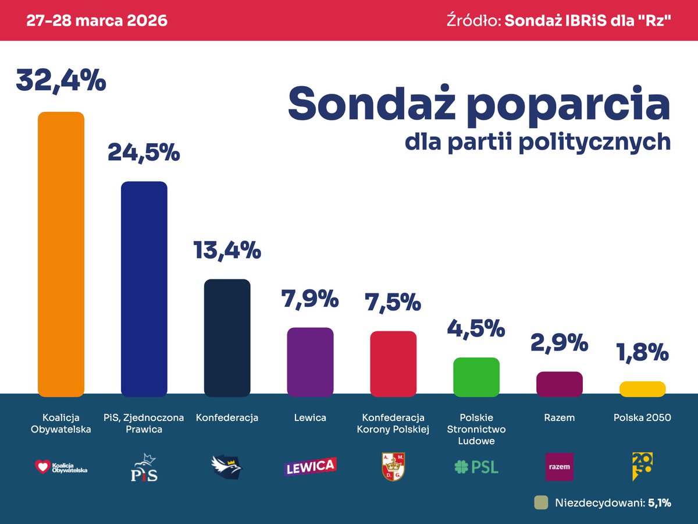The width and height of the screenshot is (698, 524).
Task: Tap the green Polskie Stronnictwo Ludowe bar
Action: [476, 377]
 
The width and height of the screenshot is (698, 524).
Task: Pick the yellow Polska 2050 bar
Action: [642, 389]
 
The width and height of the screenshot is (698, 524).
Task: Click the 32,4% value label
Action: [61, 80]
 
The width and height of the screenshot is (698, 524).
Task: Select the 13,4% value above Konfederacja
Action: [227, 250]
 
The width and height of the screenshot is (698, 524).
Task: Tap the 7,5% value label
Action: [393, 303]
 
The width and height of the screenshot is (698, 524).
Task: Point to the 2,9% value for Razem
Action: [559, 343]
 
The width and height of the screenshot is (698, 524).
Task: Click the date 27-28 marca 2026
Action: [97, 20]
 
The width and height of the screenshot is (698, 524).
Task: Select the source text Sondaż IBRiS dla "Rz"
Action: [587, 20]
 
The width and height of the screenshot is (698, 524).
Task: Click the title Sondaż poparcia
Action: [479, 104]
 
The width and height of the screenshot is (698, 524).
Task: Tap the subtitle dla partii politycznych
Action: [537, 141]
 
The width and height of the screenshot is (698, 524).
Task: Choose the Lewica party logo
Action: [310, 466]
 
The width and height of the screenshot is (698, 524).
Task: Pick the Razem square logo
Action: [559, 466]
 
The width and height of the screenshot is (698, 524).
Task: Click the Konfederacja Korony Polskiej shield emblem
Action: [393, 467]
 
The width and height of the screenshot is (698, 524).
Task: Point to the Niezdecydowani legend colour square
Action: [541, 502]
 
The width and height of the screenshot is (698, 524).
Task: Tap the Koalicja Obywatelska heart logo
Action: [43, 466]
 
